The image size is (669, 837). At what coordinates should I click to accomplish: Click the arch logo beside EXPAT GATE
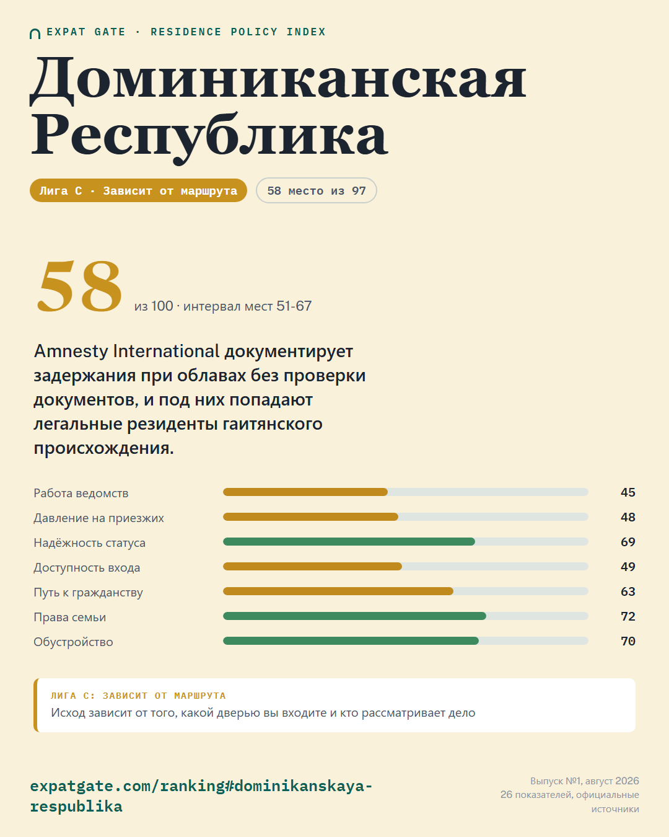[35, 34]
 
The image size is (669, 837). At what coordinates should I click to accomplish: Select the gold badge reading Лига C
[138, 190]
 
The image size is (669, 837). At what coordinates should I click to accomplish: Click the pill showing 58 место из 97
[317, 190]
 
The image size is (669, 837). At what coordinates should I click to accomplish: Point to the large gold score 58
[79, 286]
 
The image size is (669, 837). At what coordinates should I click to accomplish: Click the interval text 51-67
[294, 306]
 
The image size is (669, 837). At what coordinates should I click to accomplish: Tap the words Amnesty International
[127, 351]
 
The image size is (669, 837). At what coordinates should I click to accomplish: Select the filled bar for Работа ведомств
[305, 492]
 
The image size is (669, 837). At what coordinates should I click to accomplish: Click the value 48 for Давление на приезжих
[627, 517]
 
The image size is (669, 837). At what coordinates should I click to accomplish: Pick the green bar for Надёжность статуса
[349, 542]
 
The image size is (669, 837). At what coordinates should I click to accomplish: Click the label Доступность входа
[87, 568]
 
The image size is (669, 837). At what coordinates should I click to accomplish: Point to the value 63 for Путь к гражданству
[627, 591]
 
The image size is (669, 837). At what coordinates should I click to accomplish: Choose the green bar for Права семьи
[354, 616]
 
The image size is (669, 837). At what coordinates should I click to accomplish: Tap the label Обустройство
[73, 642]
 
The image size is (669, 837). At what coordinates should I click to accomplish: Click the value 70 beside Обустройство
[627, 641]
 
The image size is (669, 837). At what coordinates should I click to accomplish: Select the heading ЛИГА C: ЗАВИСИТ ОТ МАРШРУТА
[138, 696]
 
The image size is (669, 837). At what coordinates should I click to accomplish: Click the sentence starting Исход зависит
[263, 713]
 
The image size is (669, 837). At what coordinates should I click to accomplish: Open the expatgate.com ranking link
[201, 796]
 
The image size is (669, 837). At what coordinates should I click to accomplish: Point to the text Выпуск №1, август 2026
[585, 781]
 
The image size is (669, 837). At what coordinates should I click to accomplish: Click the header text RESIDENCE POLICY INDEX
[238, 32]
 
